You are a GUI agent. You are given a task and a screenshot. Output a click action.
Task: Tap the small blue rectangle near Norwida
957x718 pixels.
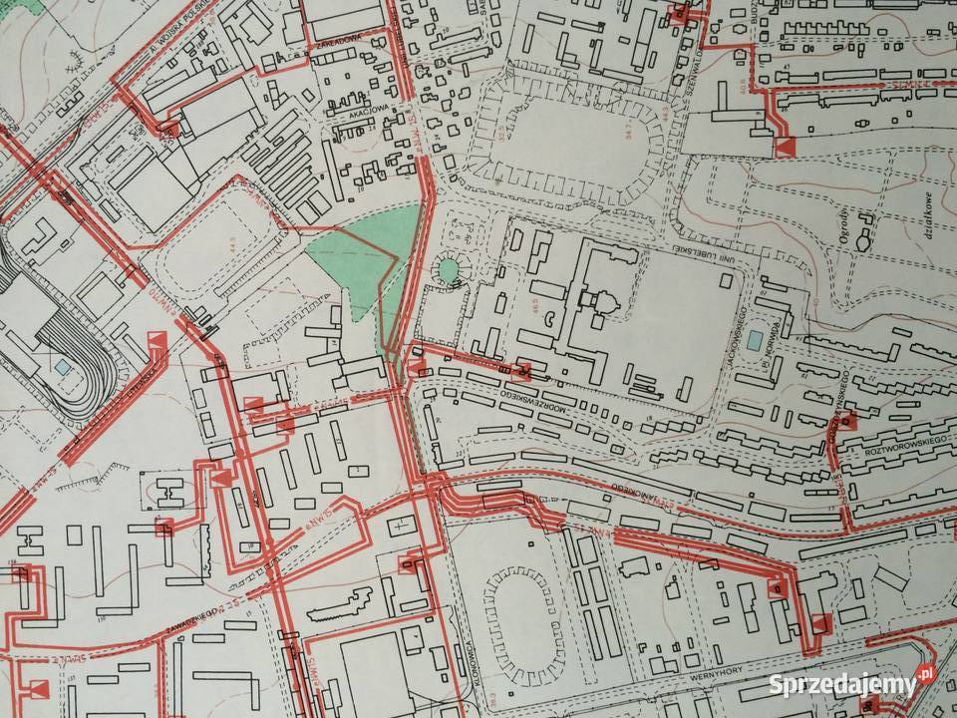point(760,339)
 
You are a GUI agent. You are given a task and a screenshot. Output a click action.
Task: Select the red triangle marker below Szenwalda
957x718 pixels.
point(786,149)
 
